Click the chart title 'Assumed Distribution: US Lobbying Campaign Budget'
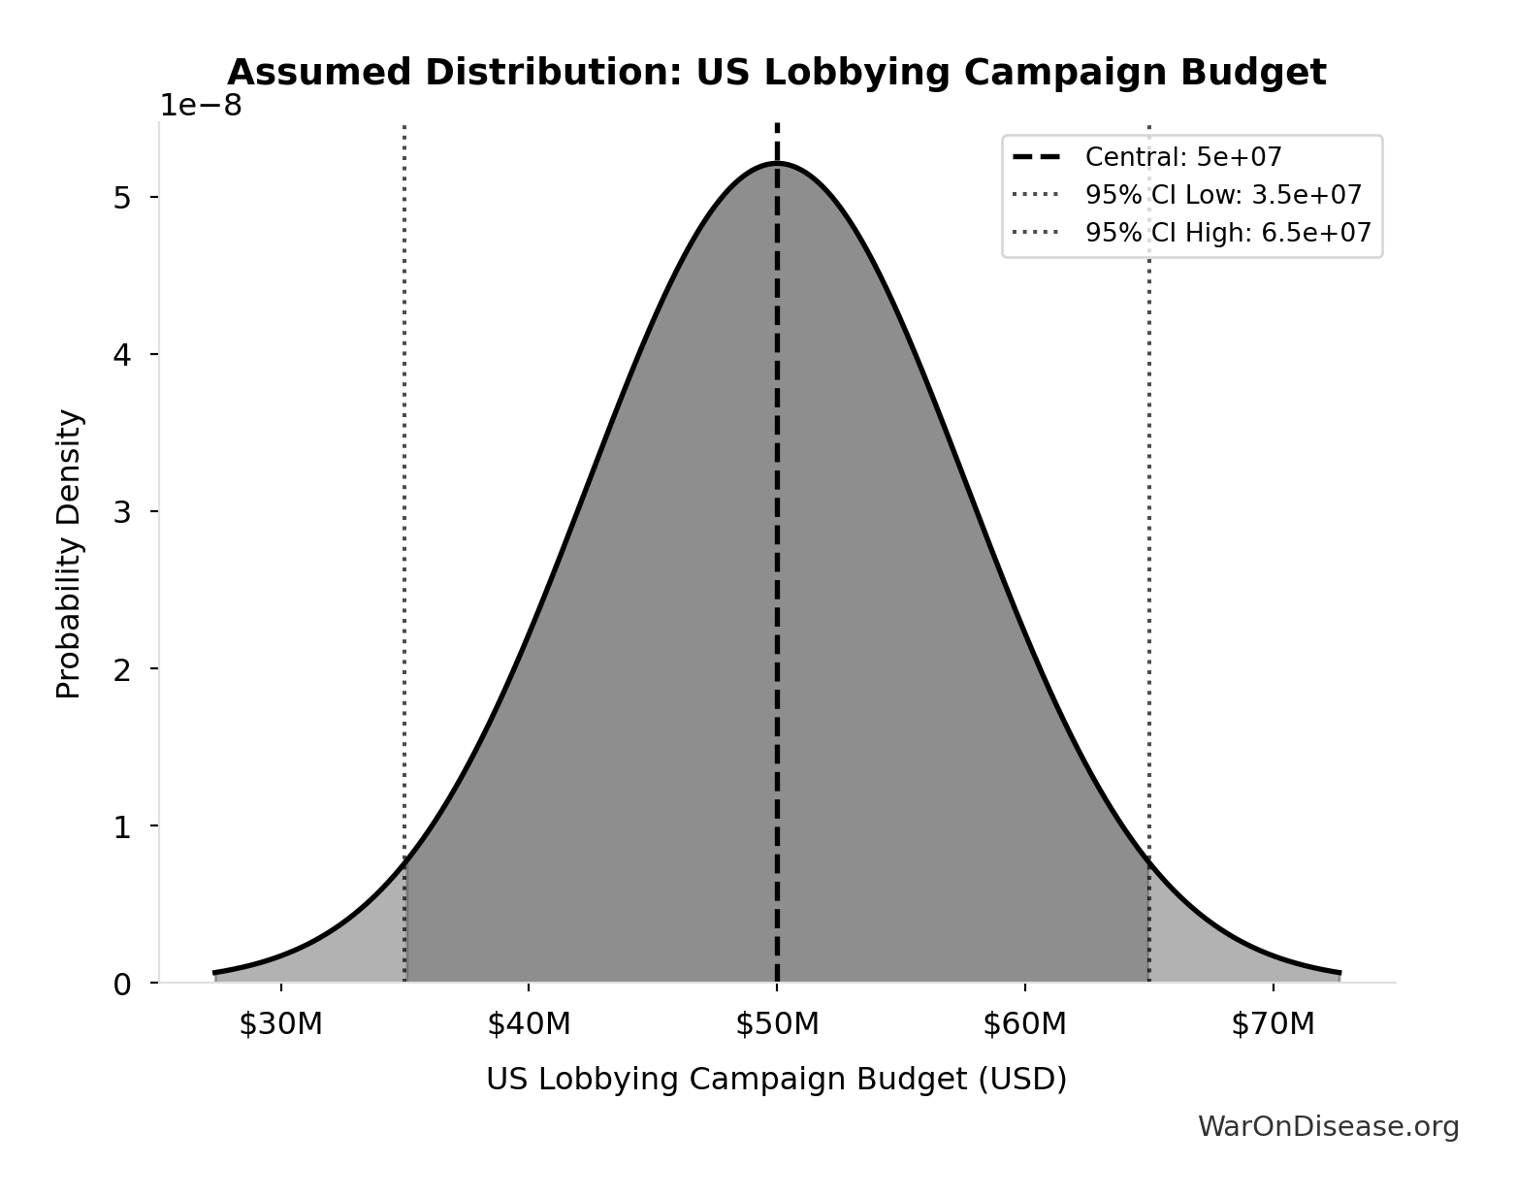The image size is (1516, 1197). [x=776, y=73]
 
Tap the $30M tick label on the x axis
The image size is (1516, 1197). [x=280, y=1023]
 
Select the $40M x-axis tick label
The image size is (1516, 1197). [x=529, y=1023]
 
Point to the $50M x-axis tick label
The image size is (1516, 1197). [x=777, y=1023]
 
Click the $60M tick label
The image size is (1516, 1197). [x=1024, y=1023]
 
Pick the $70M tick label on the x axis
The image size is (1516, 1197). [x=1273, y=1023]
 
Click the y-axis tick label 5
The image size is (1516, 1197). [x=122, y=198]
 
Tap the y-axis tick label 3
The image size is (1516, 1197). [x=122, y=512]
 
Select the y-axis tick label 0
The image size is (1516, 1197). [x=122, y=985]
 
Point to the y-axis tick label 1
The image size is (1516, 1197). [x=122, y=827]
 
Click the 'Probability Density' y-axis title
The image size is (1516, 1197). [x=69, y=554]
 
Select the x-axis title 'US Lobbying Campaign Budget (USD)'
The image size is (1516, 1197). [x=776, y=1079]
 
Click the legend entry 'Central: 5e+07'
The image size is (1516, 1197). [x=1182, y=157]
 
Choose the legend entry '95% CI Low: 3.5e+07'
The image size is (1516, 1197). [x=1222, y=195]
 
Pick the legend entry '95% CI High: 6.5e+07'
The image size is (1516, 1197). [x=1227, y=233]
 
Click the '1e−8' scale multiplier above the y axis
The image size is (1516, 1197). [x=201, y=105]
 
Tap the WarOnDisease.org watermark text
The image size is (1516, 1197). [x=1328, y=1126]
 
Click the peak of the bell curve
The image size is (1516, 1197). [x=777, y=163]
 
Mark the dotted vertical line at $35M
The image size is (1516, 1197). [x=404, y=485]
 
